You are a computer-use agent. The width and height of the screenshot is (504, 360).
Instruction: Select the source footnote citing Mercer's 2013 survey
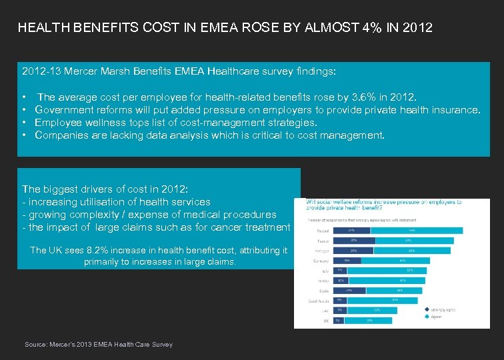tap(99, 345)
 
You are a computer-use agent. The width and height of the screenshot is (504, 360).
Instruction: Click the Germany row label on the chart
tap(320, 261)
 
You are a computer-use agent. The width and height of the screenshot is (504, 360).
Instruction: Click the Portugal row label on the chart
tap(320, 251)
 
